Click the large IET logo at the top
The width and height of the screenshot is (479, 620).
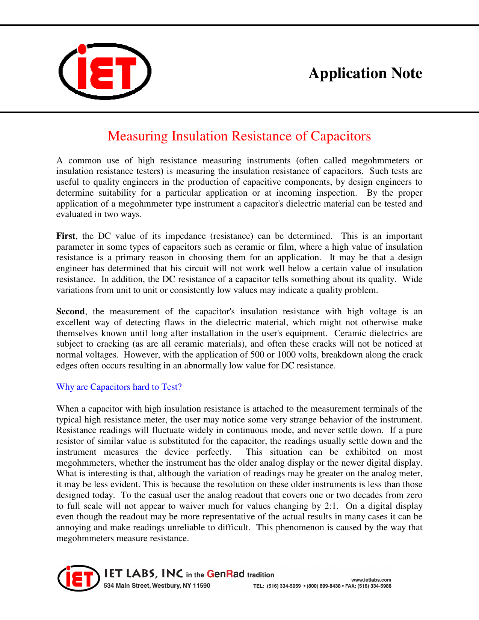click(x=105, y=71)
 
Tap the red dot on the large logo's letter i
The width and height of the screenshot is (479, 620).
click(x=82, y=49)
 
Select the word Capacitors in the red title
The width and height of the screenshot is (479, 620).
click(x=340, y=136)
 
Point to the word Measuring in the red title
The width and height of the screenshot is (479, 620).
click(x=138, y=136)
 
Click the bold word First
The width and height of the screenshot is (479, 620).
click(x=66, y=236)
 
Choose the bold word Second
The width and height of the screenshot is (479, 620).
click(x=70, y=312)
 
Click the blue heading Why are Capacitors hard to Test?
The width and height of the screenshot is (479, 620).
click(x=119, y=387)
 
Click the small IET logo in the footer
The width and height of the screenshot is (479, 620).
click(x=79, y=578)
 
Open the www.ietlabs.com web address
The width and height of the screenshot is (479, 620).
click(x=371, y=580)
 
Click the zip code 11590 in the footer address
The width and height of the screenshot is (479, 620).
click(x=201, y=586)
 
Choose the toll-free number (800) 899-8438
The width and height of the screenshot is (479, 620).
click(x=323, y=586)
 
